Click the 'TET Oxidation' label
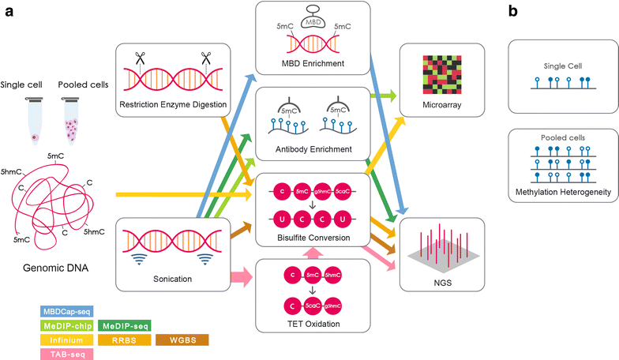313,323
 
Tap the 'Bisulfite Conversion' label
313,235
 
